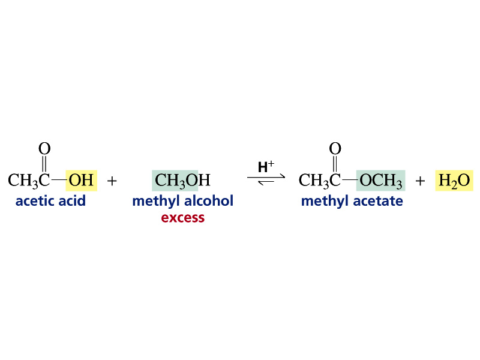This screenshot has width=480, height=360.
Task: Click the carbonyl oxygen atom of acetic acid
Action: coord(44,149)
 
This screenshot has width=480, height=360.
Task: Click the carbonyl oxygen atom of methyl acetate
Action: coord(335,149)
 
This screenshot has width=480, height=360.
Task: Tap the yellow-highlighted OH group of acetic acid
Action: coord(81,181)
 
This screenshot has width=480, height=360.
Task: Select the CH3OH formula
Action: coord(182,181)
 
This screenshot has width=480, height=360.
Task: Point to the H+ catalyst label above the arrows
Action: coord(266,167)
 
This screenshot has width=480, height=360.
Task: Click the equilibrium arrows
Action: coord(266,179)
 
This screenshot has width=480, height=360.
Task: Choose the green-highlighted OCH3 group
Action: coord(380,181)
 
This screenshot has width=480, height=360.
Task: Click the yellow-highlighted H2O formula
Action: coord(454,181)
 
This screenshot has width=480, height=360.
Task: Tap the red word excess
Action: coord(183,218)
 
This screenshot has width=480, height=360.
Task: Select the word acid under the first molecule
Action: coord(72,201)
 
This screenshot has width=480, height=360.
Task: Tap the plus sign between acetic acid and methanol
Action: coord(112,181)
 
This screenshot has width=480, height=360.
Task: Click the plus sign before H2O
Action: coord(421,181)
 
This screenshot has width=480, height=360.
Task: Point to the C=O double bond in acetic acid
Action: coord(44,164)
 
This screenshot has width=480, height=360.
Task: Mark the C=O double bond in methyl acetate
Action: coord(335,164)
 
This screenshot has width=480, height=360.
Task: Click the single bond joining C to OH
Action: coord(59,179)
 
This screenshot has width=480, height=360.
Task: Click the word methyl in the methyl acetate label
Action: coord(325,201)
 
